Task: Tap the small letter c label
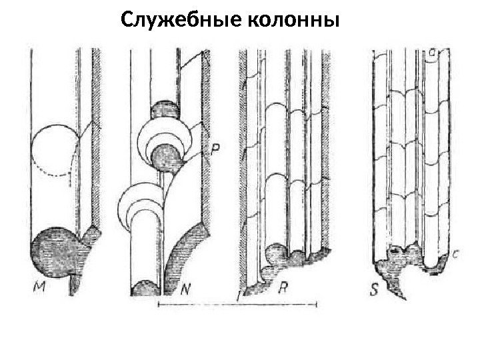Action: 455,254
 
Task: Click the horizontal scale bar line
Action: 236,305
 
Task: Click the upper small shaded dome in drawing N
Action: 164,109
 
